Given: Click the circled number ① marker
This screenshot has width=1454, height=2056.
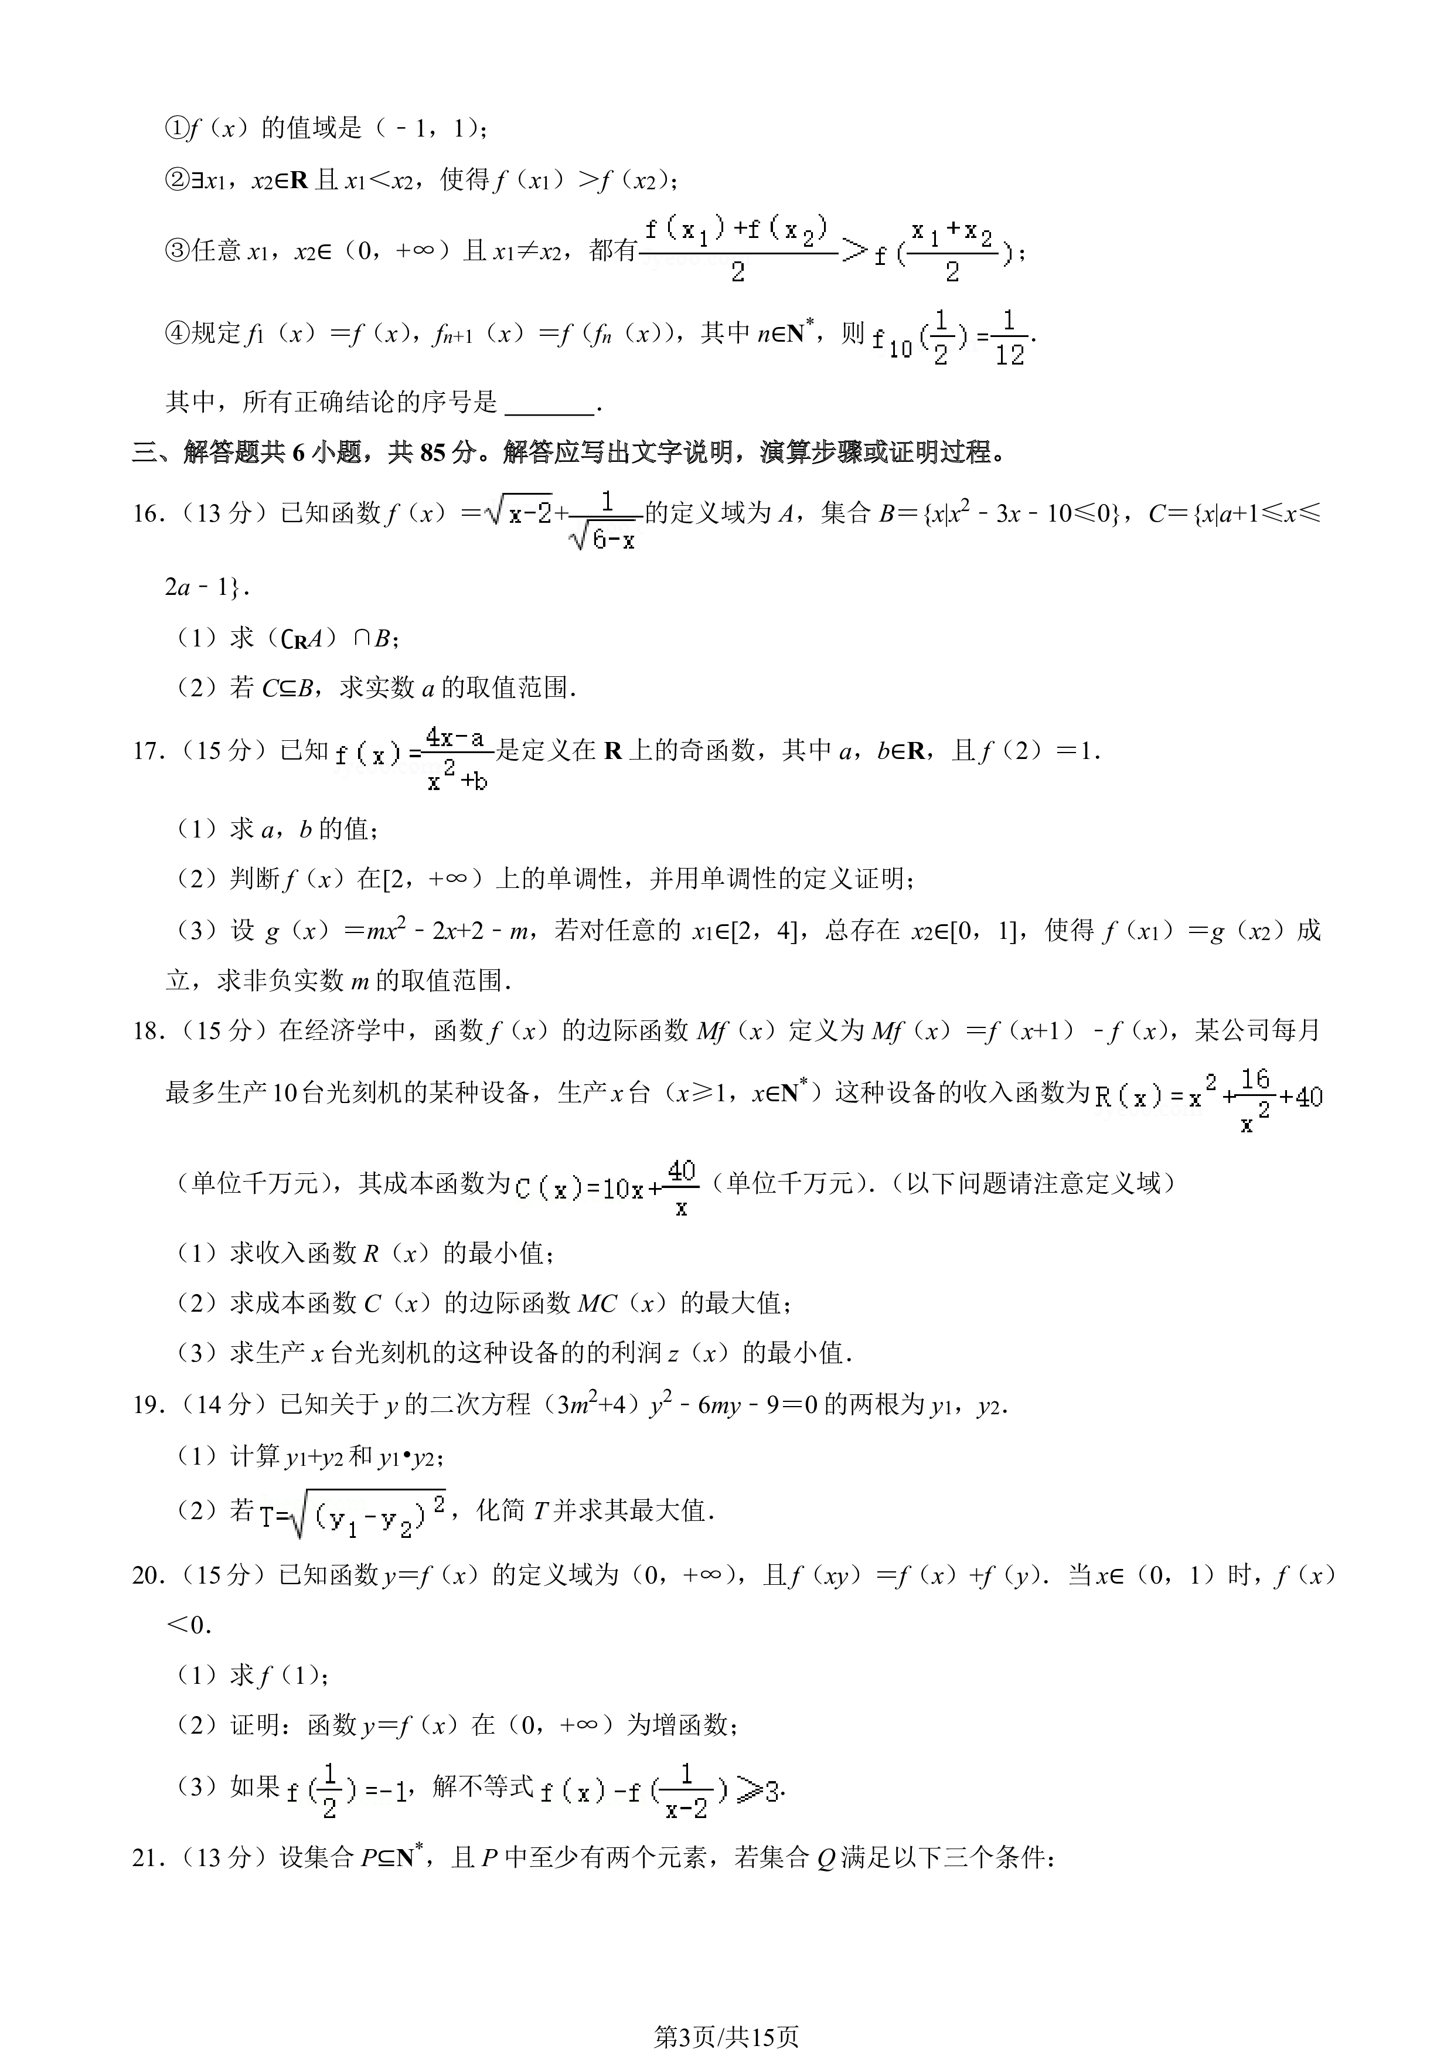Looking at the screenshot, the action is pyautogui.click(x=175, y=129).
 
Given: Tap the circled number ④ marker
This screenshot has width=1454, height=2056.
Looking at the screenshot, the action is pyautogui.click(x=175, y=333).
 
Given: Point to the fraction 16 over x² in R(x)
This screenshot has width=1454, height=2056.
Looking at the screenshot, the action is pyautogui.click(x=1255, y=1100).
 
